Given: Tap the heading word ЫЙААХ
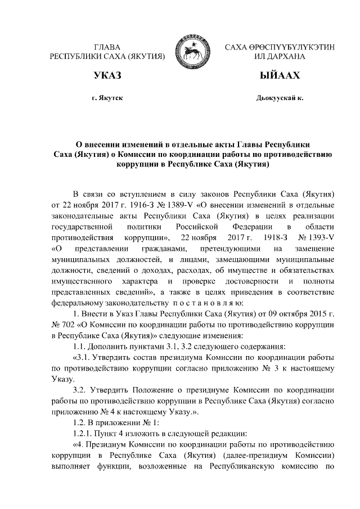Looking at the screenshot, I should (x=279, y=75).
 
